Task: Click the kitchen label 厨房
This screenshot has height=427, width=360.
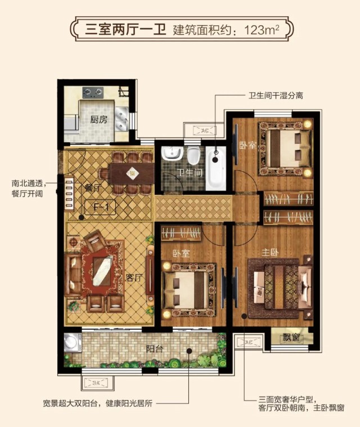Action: point(98,119)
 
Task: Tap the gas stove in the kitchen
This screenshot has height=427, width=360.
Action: point(93,93)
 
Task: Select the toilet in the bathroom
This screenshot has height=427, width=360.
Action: point(193,155)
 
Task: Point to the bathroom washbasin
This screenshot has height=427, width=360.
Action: point(172,153)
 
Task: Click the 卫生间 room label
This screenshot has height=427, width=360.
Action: point(190,173)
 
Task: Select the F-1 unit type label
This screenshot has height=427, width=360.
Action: point(101,207)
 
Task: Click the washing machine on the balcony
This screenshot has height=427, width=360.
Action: point(73,343)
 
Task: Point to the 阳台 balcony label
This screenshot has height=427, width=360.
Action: point(155,349)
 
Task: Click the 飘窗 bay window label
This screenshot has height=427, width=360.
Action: point(291,338)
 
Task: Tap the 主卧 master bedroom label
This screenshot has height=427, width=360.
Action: point(270,253)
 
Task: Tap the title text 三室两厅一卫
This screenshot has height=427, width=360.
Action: point(125,29)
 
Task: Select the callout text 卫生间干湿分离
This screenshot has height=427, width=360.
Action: point(276,96)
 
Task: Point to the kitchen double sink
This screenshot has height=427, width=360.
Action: point(121,118)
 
